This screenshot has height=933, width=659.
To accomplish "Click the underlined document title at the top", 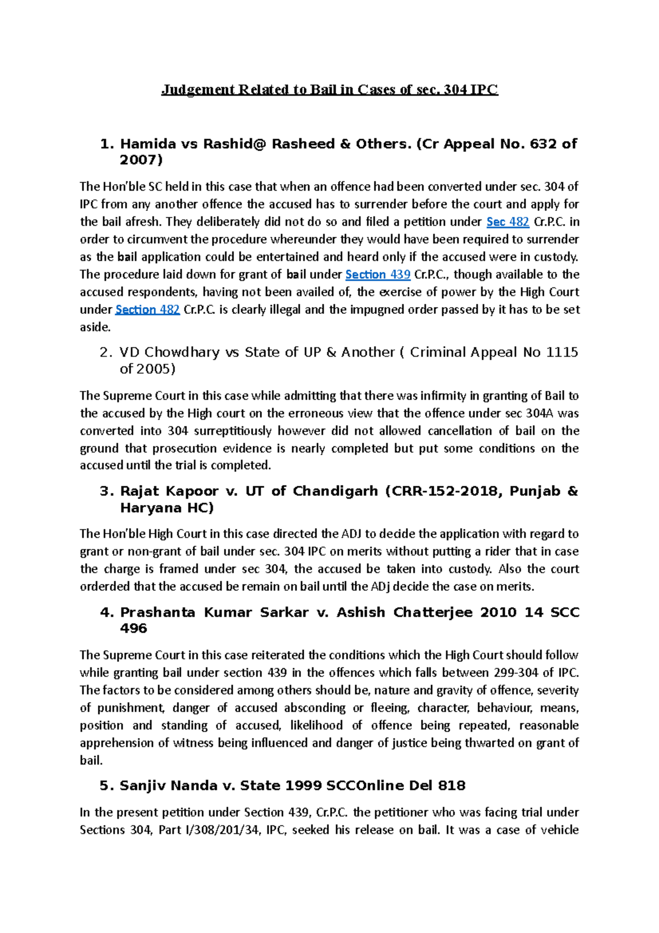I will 329,90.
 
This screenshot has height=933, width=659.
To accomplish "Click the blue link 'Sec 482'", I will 507,222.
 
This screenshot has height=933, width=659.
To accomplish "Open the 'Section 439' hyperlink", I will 377,275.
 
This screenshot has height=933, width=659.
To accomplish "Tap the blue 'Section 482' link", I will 147,310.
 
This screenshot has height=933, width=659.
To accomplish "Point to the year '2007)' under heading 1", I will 141,160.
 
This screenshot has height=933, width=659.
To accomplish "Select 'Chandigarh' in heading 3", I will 335,491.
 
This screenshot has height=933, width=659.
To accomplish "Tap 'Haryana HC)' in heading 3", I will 166,508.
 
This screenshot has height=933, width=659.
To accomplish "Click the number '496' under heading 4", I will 133,629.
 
